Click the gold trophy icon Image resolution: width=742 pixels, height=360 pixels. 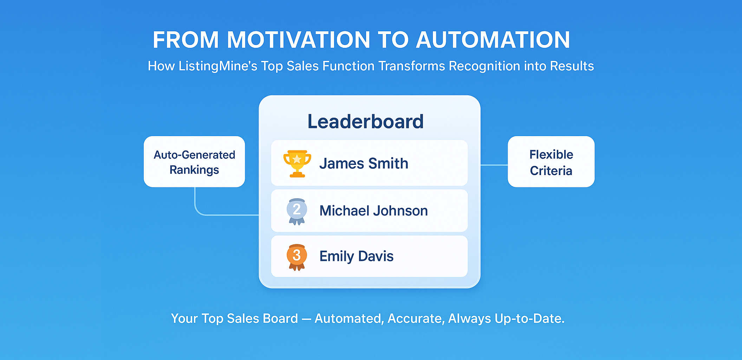pos(297,163)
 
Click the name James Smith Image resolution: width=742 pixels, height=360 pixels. pos(364,163)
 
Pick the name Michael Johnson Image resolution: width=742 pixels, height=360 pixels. pos(373,211)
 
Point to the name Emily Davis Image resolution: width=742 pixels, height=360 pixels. pos(356,256)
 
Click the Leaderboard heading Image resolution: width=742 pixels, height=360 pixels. pos(365,122)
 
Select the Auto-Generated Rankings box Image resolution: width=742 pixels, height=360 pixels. pos(194,162)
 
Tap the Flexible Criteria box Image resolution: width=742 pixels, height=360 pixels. pos(551,162)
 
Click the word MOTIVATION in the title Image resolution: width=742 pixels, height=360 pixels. pos(298,40)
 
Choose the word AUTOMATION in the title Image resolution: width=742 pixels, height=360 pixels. pos(493,40)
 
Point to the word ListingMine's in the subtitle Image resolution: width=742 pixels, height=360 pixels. pos(218,66)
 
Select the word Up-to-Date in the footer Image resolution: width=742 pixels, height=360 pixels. pos(529,319)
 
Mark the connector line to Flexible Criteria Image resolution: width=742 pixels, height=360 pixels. pos(494,165)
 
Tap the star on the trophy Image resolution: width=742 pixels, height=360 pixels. pos(297,159)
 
